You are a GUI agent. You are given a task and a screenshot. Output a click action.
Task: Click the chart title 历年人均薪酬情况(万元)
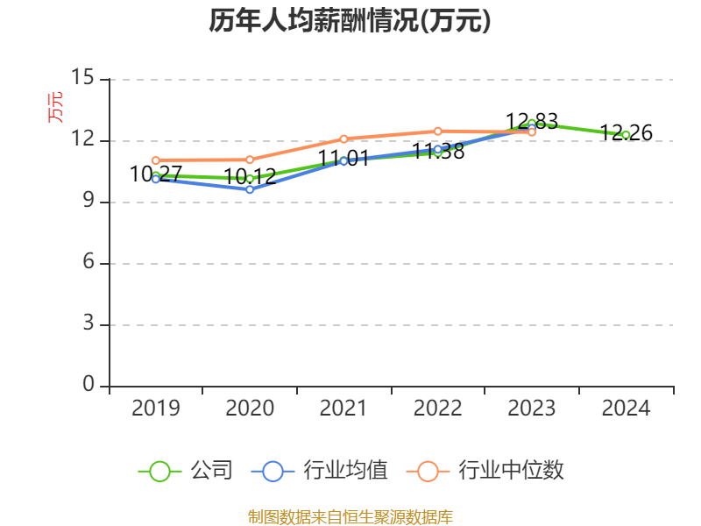pyautogui.click(x=350, y=21)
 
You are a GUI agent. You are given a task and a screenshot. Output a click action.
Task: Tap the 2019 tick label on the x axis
pyautogui.click(x=155, y=409)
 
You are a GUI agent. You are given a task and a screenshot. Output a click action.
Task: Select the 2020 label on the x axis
pyautogui.click(x=250, y=409)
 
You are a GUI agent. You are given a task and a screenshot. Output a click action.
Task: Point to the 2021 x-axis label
pyautogui.click(x=343, y=409)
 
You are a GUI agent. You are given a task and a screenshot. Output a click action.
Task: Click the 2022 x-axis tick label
pyautogui.click(x=437, y=409)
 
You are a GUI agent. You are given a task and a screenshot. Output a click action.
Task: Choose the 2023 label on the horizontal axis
pyautogui.click(x=532, y=409)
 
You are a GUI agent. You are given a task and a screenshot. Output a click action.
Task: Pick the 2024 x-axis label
pyautogui.click(x=626, y=409)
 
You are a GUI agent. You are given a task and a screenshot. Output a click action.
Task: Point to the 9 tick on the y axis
pyautogui.click(x=88, y=202)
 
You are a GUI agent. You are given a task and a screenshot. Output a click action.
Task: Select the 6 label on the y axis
pyautogui.click(x=88, y=263)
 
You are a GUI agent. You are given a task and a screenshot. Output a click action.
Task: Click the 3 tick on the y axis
pyautogui.click(x=88, y=324)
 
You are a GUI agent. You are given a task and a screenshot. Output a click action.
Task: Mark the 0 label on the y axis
pyautogui.click(x=88, y=386)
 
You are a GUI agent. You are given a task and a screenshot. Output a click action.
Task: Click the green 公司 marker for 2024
pyautogui.click(x=626, y=135)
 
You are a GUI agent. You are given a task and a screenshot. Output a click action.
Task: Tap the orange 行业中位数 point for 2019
pyautogui.click(x=155, y=160)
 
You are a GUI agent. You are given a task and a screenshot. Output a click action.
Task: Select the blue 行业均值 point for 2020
pyautogui.click(x=250, y=189)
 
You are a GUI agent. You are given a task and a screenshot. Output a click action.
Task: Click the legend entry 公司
pyautogui.click(x=186, y=471)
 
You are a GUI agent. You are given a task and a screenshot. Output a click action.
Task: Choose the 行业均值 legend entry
pyautogui.click(x=319, y=471)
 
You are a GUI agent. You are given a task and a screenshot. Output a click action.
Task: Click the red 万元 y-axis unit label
pyautogui.click(x=55, y=107)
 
